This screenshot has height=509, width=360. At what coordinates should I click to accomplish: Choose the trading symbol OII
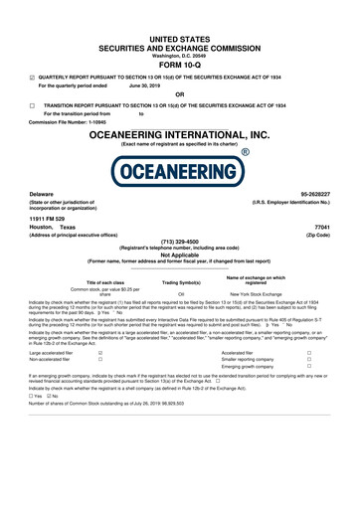tap(181, 295)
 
